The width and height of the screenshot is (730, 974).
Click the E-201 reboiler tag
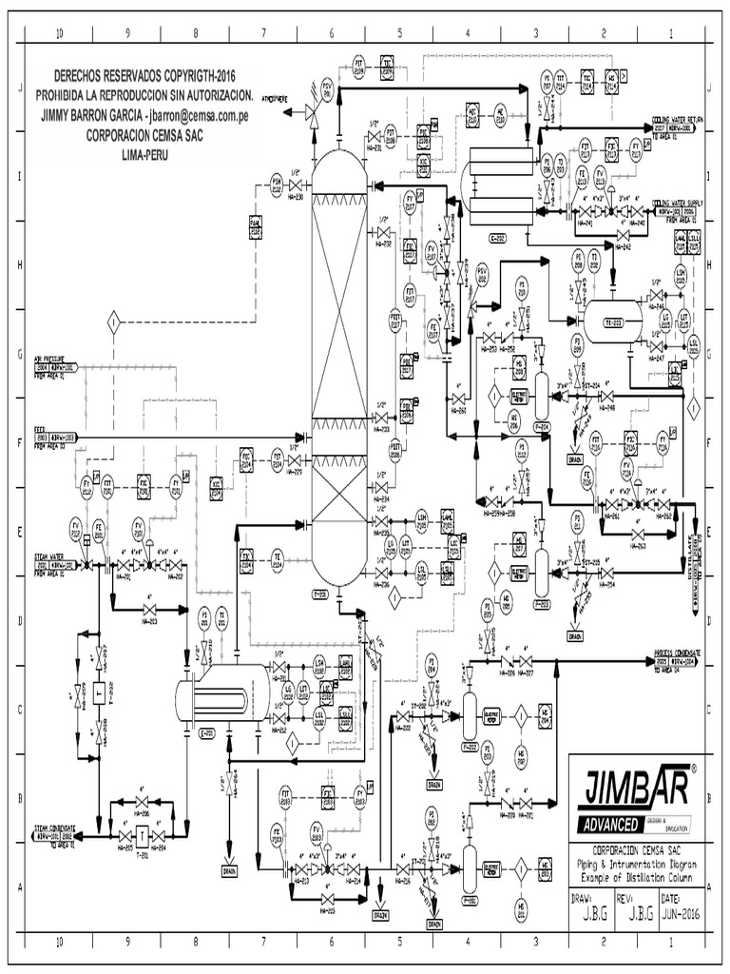[207, 732]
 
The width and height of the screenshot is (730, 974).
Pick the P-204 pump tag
[544, 426]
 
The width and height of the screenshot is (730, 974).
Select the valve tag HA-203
[150, 624]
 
